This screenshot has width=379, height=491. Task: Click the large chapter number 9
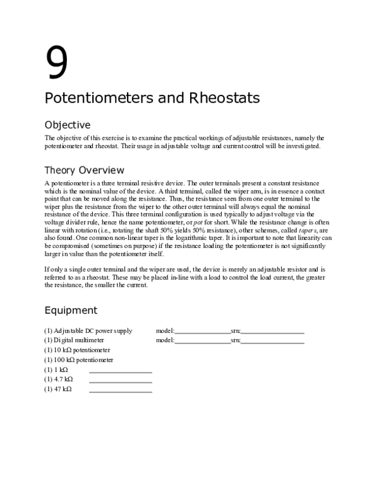point(56,63)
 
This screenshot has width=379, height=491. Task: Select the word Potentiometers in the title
point(100,99)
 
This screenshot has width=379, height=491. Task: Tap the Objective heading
point(68,125)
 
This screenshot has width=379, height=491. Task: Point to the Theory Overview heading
point(84,170)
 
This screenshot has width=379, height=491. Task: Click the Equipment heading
point(71,310)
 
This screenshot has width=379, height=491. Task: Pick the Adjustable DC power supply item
point(88,330)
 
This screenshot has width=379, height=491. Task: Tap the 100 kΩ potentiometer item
point(79,359)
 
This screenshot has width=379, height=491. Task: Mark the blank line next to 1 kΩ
point(121,371)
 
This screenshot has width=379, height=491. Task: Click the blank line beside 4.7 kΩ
point(121,381)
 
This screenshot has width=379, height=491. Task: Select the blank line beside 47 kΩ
point(121,391)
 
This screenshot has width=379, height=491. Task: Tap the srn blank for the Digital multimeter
point(272,342)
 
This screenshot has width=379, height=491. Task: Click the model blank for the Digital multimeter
point(202,342)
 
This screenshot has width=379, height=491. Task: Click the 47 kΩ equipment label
point(57,389)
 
